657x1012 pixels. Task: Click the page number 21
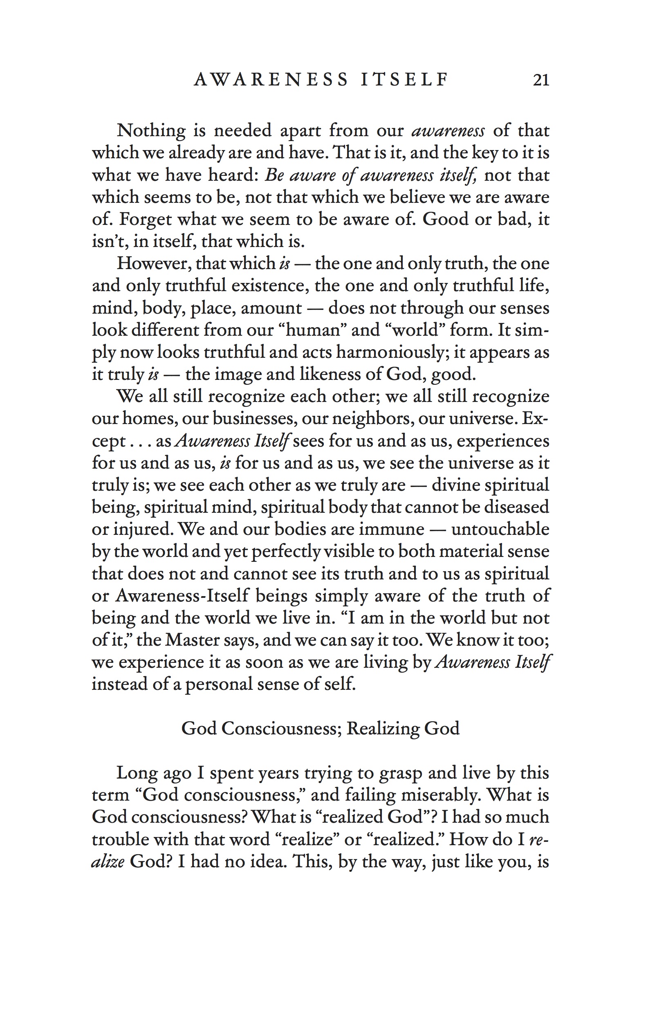tap(541, 80)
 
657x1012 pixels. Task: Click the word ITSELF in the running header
tap(404, 80)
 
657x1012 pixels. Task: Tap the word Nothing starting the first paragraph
tap(151, 130)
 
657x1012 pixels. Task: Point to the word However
tap(153, 264)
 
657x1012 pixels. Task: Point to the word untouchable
tap(500, 530)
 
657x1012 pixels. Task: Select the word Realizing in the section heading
tap(379, 729)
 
